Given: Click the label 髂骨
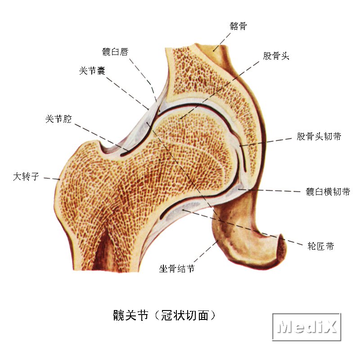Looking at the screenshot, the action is coord(238,26).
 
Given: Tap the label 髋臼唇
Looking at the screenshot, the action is coord(115,52).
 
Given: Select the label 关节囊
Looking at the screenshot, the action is coord(92,71).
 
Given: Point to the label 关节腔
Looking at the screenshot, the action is coord(58,119).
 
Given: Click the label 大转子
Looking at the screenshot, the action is coord(26,177).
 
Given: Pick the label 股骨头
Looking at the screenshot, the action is coord(276,56).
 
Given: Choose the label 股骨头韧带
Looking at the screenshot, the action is coord(319,136).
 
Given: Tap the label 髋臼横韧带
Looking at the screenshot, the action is coord(328,192).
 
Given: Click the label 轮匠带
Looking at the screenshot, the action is coord(320,246).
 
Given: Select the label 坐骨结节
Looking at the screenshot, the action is coord(177,268).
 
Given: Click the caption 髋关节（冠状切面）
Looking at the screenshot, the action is coord(164,315).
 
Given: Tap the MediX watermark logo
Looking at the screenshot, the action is coord(307,327).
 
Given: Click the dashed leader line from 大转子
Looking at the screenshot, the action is coord(52,179).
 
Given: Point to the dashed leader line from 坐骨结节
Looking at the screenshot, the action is coord(206,251).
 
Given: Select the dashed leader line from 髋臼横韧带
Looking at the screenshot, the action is coord(270,190).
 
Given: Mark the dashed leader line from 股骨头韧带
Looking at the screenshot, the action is coord(265,142).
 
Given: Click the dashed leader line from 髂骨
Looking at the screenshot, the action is coord(222,42).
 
